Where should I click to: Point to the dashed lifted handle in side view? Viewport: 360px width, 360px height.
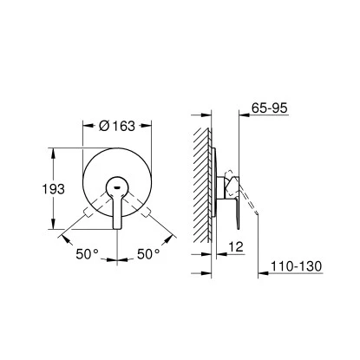[x=252, y=206]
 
